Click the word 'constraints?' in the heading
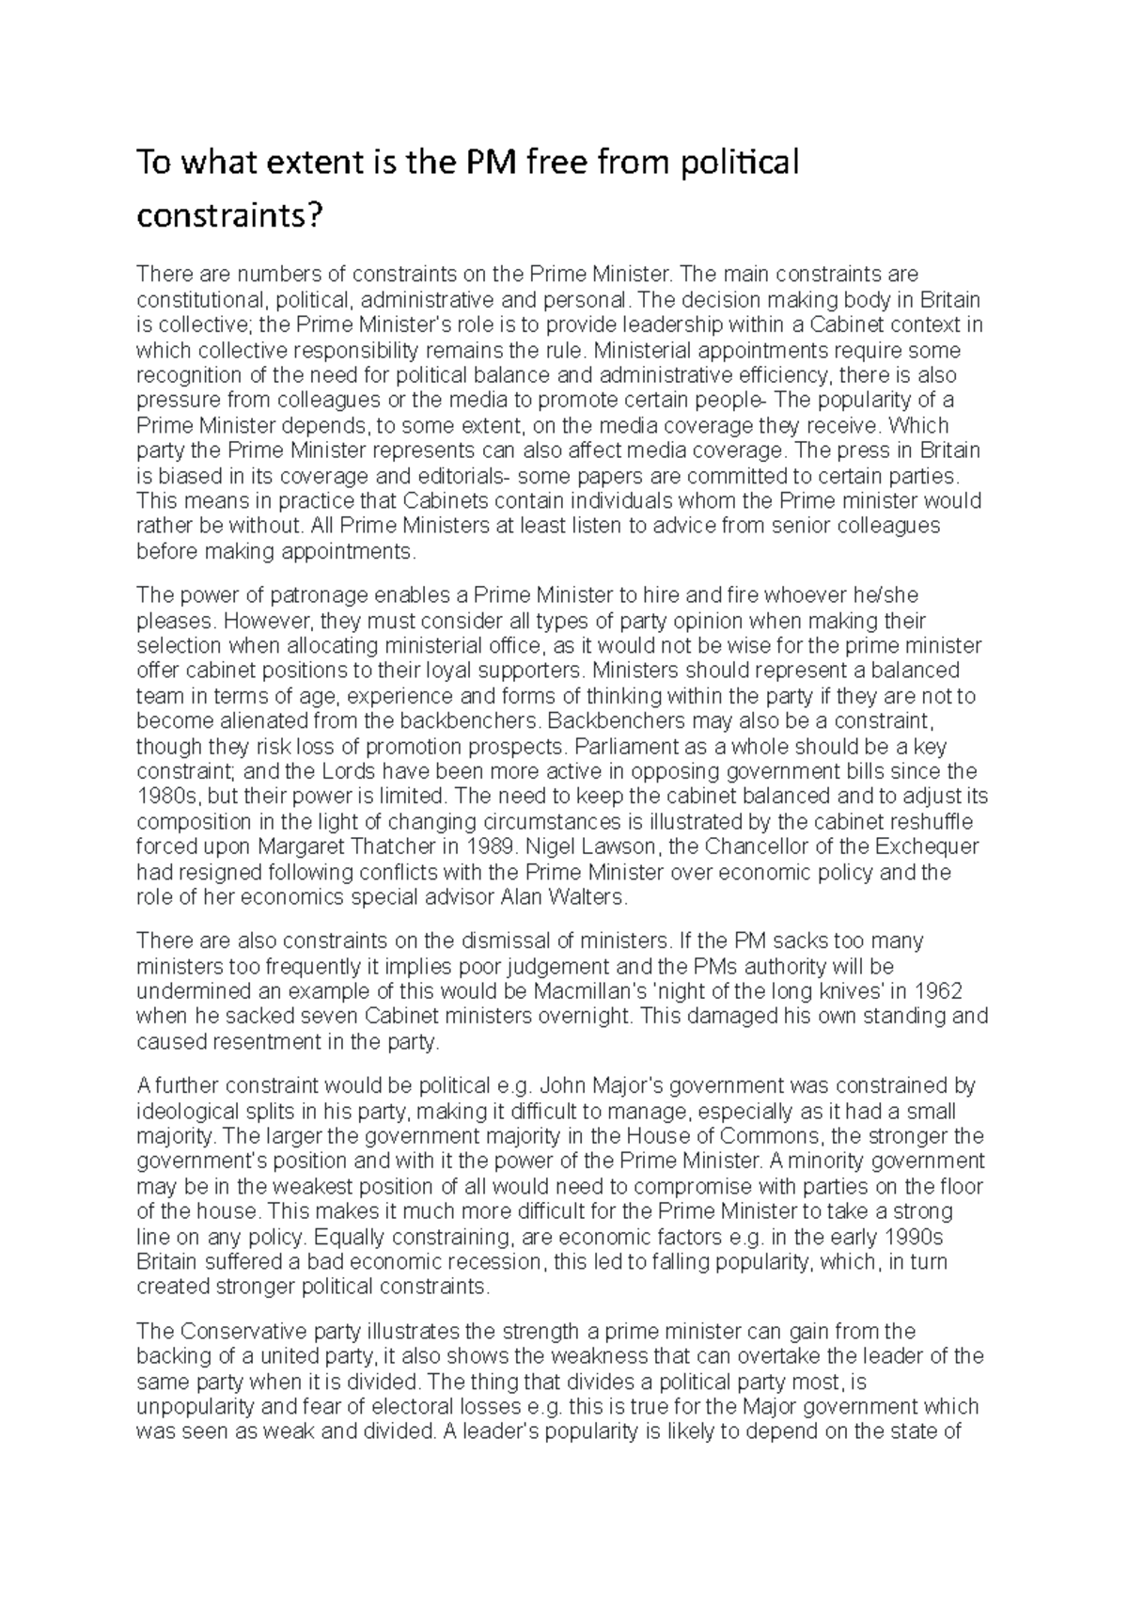pos(229,217)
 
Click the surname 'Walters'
pos(587,897)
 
